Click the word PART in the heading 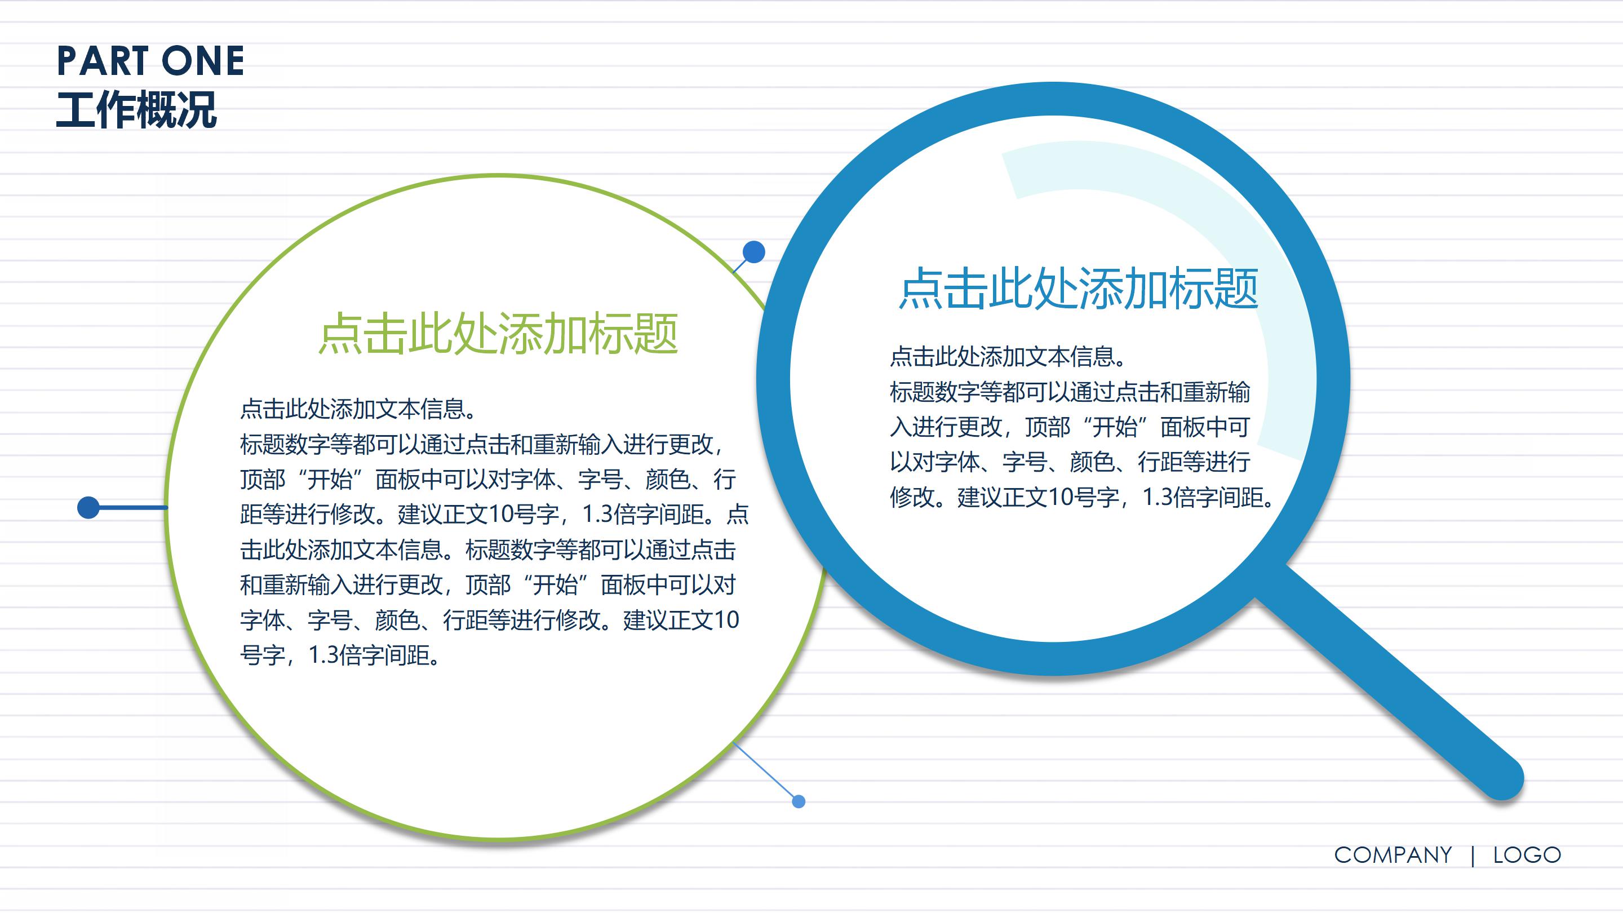(x=101, y=62)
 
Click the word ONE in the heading (x=203, y=62)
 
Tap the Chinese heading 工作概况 (x=137, y=110)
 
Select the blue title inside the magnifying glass (x=1078, y=289)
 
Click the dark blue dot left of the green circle (x=88, y=507)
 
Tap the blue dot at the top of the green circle (x=753, y=252)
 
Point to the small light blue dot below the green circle (x=799, y=801)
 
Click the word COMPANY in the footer (x=1393, y=855)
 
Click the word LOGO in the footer (x=1527, y=855)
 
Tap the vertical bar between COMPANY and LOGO (x=1473, y=856)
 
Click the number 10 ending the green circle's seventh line (x=726, y=620)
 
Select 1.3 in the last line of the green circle (x=324, y=655)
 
